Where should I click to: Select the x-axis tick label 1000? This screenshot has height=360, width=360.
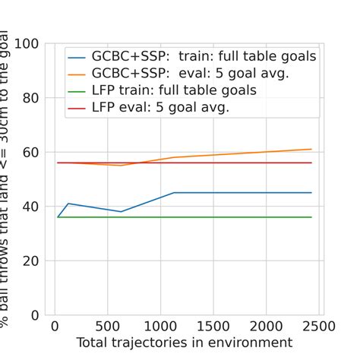(x=159, y=327)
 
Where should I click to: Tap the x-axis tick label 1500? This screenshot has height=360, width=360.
(x=213, y=327)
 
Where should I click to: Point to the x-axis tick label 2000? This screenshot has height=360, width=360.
(x=267, y=327)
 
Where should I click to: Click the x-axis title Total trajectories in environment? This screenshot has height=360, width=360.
(x=184, y=343)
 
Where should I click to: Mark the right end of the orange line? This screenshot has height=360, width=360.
(x=311, y=149)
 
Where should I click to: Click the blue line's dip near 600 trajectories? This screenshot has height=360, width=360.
(x=121, y=212)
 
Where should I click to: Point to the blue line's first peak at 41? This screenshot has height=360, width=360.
(x=68, y=204)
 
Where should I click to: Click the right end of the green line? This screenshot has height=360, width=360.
(x=311, y=217)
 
